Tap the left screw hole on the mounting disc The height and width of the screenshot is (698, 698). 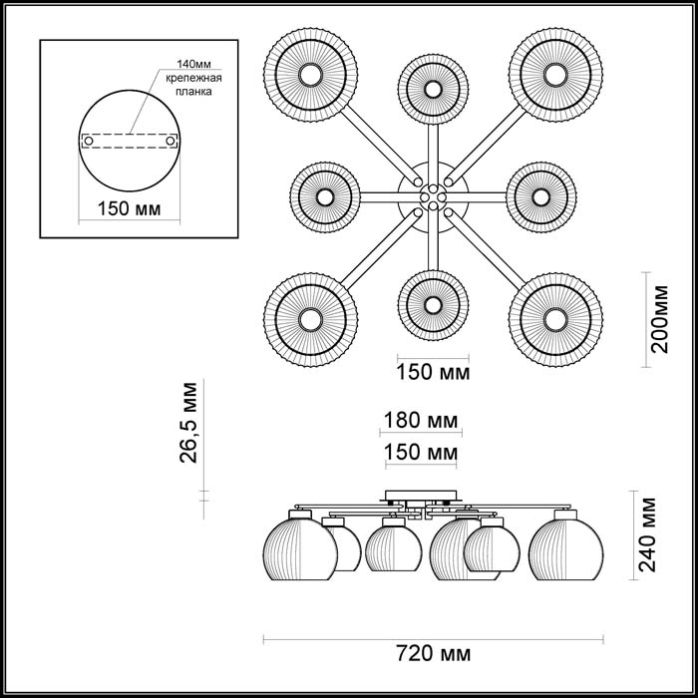click(88, 141)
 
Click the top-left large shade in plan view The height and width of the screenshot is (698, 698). click(309, 75)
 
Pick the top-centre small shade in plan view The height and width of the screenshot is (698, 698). click(432, 88)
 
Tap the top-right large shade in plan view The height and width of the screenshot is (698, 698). click(554, 75)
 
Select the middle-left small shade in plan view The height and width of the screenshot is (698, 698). click(325, 195)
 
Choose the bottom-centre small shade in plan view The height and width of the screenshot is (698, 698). click(432, 304)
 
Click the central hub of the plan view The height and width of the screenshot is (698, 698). click(432, 196)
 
